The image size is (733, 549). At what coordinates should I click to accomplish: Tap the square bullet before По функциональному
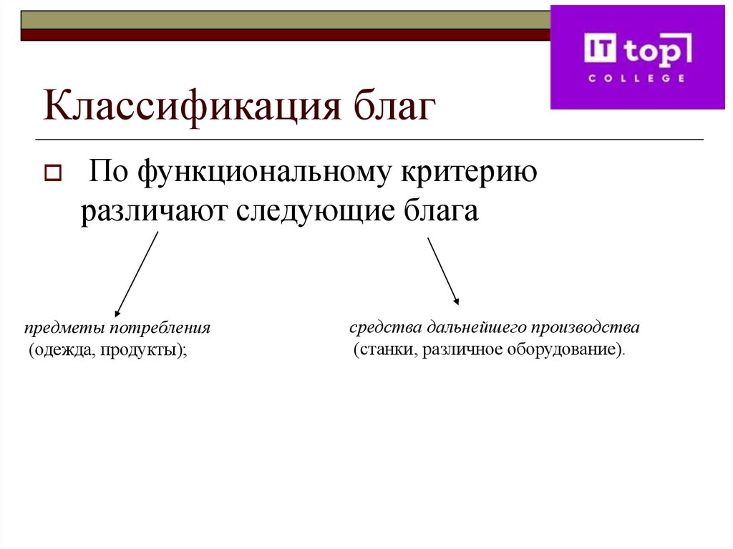tap(53, 174)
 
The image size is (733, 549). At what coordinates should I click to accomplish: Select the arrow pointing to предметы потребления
tap(136, 276)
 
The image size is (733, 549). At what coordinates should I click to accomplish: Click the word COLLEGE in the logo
tap(636, 77)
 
